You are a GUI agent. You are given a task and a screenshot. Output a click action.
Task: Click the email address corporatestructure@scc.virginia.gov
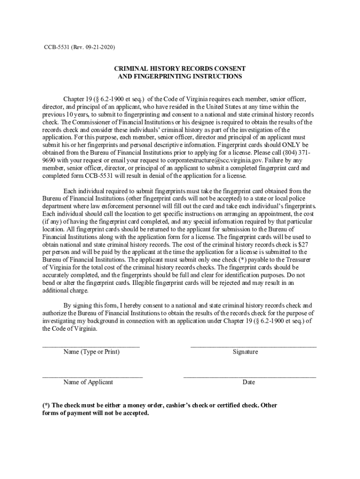[x=200, y=160]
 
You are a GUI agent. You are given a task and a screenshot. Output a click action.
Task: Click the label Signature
[x=245, y=352]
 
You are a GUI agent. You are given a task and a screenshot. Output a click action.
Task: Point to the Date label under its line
[x=249, y=382]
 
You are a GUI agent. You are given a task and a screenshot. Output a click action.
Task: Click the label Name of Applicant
[x=88, y=382]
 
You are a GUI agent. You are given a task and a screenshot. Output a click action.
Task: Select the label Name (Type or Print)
[x=92, y=352]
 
